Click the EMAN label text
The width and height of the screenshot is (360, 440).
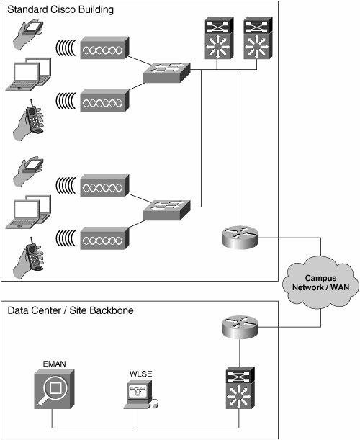(x=55, y=364)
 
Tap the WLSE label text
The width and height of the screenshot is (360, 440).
(x=141, y=374)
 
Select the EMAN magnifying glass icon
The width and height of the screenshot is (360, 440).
(x=55, y=389)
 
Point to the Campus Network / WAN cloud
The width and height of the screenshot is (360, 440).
(x=320, y=282)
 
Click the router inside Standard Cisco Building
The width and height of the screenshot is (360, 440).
(x=240, y=237)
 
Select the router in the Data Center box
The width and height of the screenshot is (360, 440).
(x=240, y=327)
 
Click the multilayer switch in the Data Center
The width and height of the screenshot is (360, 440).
(x=240, y=387)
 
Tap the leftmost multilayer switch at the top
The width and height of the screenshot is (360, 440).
(x=219, y=38)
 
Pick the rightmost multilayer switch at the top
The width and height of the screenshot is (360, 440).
(x=258, y=38)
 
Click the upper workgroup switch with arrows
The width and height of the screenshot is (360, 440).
(x=166, y=73)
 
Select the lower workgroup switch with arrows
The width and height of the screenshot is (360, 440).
(x=166, y=210)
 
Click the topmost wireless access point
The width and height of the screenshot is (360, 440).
(x=104, y=48)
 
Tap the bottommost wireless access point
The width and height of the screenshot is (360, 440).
(x=104, y=238)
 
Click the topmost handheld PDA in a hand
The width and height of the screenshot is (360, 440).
(x=28, y=34)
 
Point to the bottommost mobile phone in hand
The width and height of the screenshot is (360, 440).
(x=28, y=258)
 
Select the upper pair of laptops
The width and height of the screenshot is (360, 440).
(x=28, y=74)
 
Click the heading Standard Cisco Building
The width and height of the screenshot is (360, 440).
(x=60, y=9)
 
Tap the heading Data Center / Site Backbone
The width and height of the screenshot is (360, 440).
(x=71, y=310)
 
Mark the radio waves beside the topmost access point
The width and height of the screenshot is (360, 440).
(x=66, y=48)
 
